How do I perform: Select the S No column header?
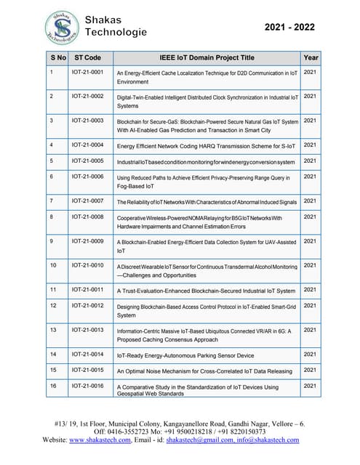pos(58,57)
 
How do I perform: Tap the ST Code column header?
pos(88,57)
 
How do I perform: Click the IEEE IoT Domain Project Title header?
pos(207,57)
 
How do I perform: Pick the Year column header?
pos(311,57)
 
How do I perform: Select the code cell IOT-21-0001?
pos(87,73)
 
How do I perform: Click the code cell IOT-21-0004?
pos(87,145)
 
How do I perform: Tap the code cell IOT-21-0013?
pos(87,330)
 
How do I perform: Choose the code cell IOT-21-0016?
pos(87,386)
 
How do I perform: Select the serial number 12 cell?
pos(52,305)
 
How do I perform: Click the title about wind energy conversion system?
pos(206,161)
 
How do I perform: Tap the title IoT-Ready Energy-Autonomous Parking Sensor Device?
pos(185,355)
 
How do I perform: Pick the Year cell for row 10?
pos(310,265)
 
